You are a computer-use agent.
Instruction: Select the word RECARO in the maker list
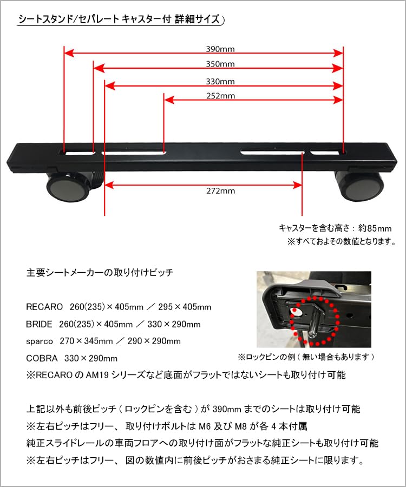[45, 307]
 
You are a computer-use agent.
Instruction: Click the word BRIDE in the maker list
[40, 324]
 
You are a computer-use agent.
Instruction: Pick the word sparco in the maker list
[40, 341]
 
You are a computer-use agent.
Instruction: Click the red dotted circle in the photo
[314, 319]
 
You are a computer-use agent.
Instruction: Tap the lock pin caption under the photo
[306, 357]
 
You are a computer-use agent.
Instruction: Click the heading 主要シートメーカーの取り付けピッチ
[100, 273]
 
